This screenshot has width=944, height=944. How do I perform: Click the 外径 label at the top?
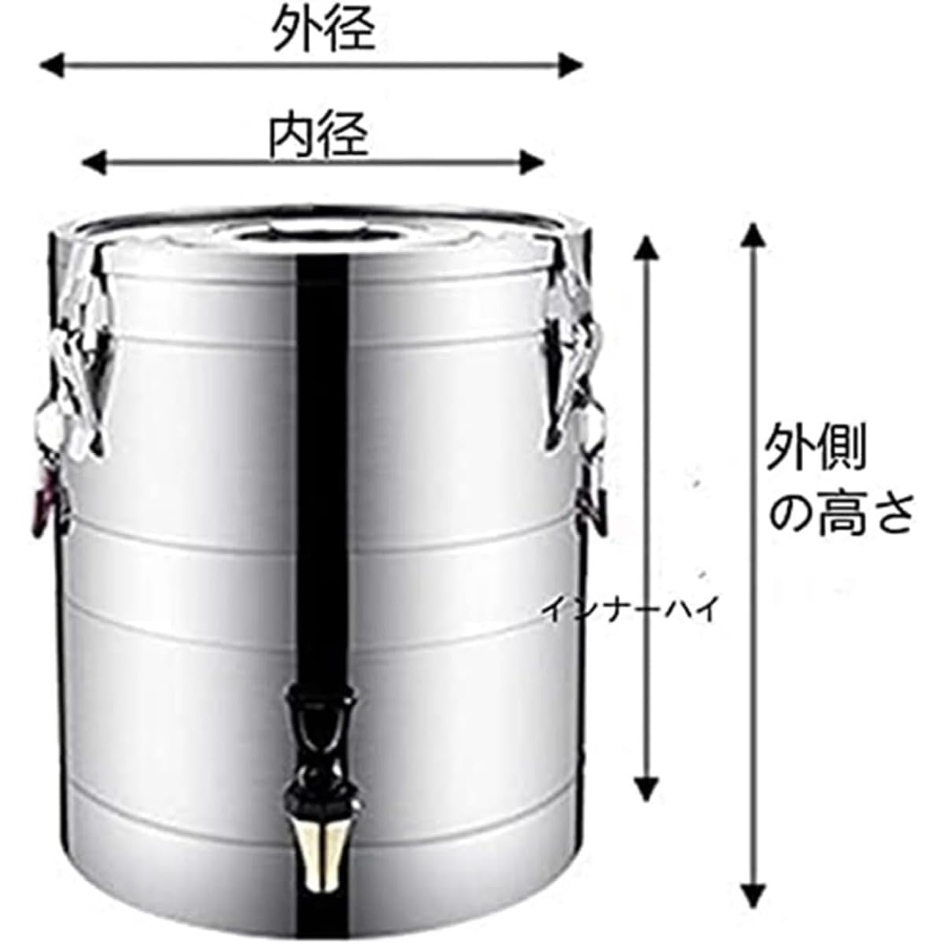coord(323,29)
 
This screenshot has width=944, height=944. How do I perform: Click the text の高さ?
coord(840,514)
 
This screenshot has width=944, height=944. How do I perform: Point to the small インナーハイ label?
coord(629,609)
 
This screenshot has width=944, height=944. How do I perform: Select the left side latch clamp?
coord(75,370)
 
